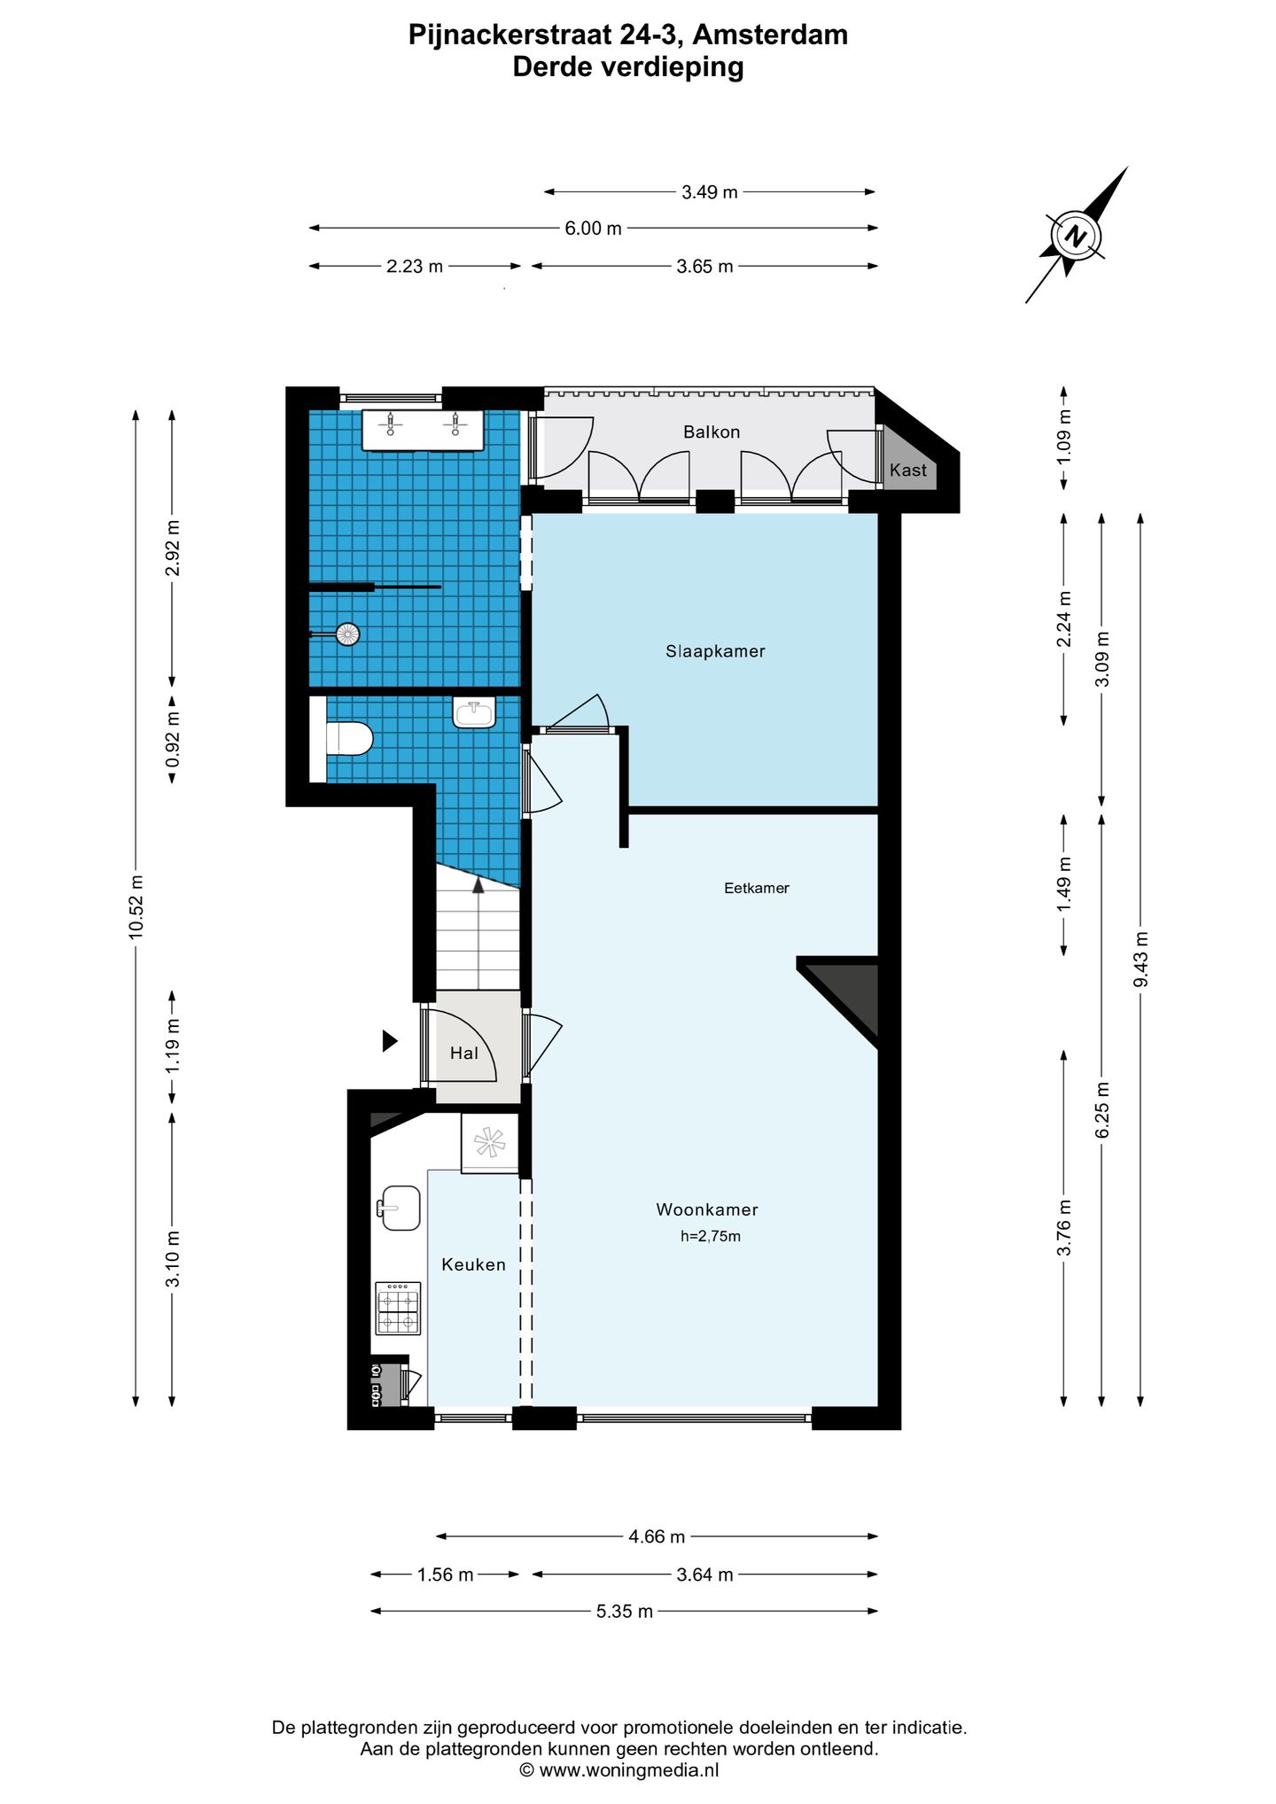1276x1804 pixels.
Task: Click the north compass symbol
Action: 1076,236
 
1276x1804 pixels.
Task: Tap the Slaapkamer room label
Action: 715,651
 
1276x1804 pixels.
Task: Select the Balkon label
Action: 712,432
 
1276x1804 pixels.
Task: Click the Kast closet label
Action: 908,470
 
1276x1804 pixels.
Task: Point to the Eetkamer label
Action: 757,888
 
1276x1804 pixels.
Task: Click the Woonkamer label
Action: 707,1209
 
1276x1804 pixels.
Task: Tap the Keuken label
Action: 473,1264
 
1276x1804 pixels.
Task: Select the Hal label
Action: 463,1053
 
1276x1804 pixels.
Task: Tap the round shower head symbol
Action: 348,634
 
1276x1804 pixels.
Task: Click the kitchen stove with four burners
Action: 398,1308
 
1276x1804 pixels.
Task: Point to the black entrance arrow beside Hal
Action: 390,1041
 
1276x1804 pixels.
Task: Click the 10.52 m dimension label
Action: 136,906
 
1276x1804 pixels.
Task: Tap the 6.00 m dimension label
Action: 593,228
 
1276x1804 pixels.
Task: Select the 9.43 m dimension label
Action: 1140,960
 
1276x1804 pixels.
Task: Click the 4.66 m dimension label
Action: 657,1536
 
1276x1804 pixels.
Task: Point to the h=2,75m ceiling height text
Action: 711,1236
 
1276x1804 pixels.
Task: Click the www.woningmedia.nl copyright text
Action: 619,1770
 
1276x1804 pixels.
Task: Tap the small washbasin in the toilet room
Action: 474,712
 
